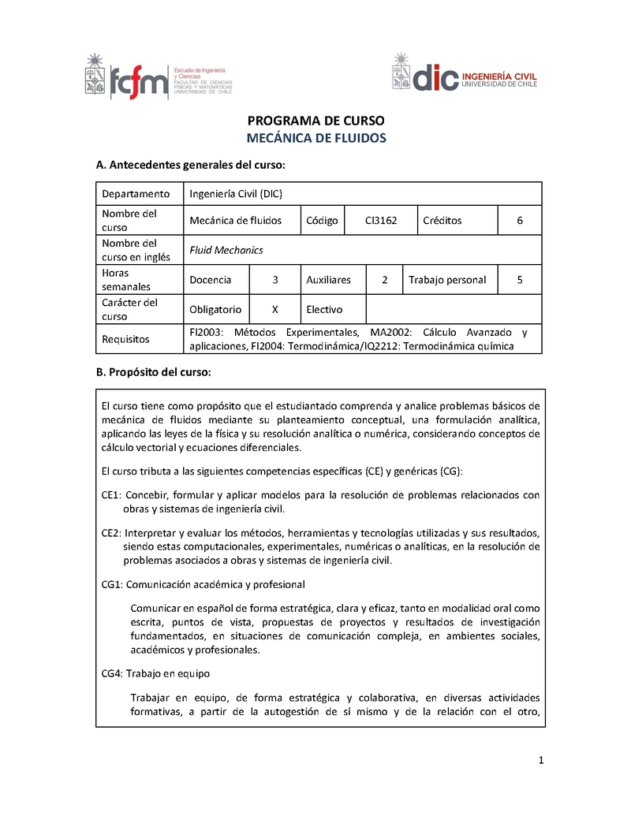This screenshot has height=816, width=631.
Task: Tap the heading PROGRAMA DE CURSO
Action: point(315,121)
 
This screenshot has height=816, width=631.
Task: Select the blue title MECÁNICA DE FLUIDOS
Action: point(315,138)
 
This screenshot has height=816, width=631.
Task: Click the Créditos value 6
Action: point(520,221)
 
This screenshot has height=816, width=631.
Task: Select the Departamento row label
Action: point(136,194)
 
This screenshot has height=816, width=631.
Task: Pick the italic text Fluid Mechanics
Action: point(226,250)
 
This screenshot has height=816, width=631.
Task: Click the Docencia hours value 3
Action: point(274,280)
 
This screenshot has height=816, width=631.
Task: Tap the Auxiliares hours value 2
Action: point(384,280)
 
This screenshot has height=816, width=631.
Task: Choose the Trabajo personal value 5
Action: point(520,280)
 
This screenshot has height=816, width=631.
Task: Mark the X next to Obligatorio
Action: point(274,310)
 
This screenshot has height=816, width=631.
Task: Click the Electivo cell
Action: point(324,310)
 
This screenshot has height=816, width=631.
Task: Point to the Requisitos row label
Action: point(125,339)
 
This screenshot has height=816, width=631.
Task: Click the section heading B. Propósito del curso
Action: point(153,372)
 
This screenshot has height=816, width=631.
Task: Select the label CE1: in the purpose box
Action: point(111,495)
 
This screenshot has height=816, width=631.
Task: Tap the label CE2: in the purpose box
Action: point(111,532)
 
